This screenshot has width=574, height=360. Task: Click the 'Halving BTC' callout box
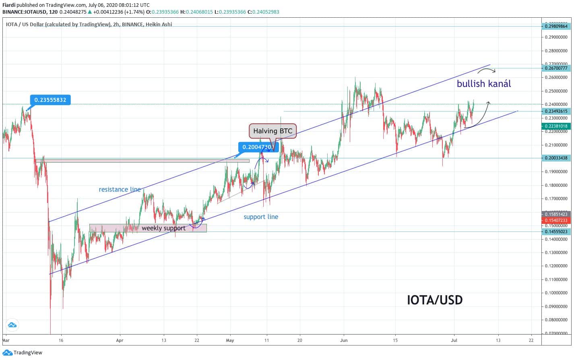coord(273,131)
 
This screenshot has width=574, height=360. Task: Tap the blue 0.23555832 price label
coord(50,100)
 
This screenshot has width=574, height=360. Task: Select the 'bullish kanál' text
coord(484,84)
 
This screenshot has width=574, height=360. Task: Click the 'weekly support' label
coord(163,228)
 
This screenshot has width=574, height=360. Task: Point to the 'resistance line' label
coord(120,189)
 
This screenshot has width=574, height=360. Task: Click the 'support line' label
coord(261,217)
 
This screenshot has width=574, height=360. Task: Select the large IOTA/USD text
coord(435,300)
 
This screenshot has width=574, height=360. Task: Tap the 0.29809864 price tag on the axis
coord(556,26)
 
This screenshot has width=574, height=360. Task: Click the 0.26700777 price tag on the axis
coord(556,68)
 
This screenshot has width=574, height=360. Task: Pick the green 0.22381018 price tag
coord(556,126)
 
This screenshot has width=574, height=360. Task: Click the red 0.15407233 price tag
coord(556,220)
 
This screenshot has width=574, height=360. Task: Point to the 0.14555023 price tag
coord(556,232)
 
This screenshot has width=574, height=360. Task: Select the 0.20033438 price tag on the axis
coord(556,158)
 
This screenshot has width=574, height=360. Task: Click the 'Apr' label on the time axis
coord(120,340)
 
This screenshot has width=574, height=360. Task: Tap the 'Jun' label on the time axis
coord(344,340)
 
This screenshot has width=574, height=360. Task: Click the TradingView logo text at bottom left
coord(28,353)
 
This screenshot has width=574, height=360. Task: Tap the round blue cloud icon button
coord(12,325)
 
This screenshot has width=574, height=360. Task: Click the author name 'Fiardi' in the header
coord(9,5)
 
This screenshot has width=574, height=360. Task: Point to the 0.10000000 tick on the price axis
coord(556,293)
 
